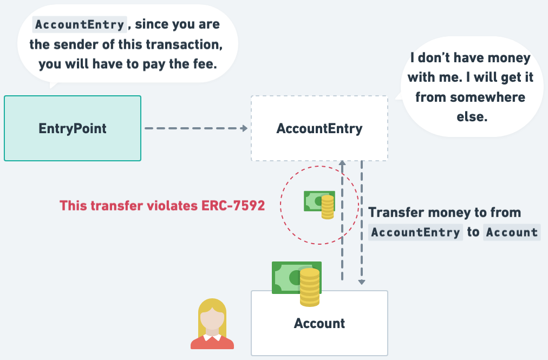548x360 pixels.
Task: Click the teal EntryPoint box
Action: point(73,128)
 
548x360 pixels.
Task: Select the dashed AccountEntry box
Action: point(319,128)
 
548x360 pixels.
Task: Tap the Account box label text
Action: point(319,324)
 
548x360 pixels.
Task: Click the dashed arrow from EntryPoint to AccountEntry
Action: point(195,128)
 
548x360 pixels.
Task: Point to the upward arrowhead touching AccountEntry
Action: point(342,163)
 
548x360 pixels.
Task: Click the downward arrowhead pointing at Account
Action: point(362,281)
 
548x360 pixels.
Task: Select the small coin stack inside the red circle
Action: point(328,207)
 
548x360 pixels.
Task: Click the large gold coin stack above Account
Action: point(310,287)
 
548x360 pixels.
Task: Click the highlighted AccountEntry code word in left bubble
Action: point(80,24)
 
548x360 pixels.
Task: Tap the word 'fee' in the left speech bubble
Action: point(205,64)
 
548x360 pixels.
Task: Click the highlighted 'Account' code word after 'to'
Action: point(512,232)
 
